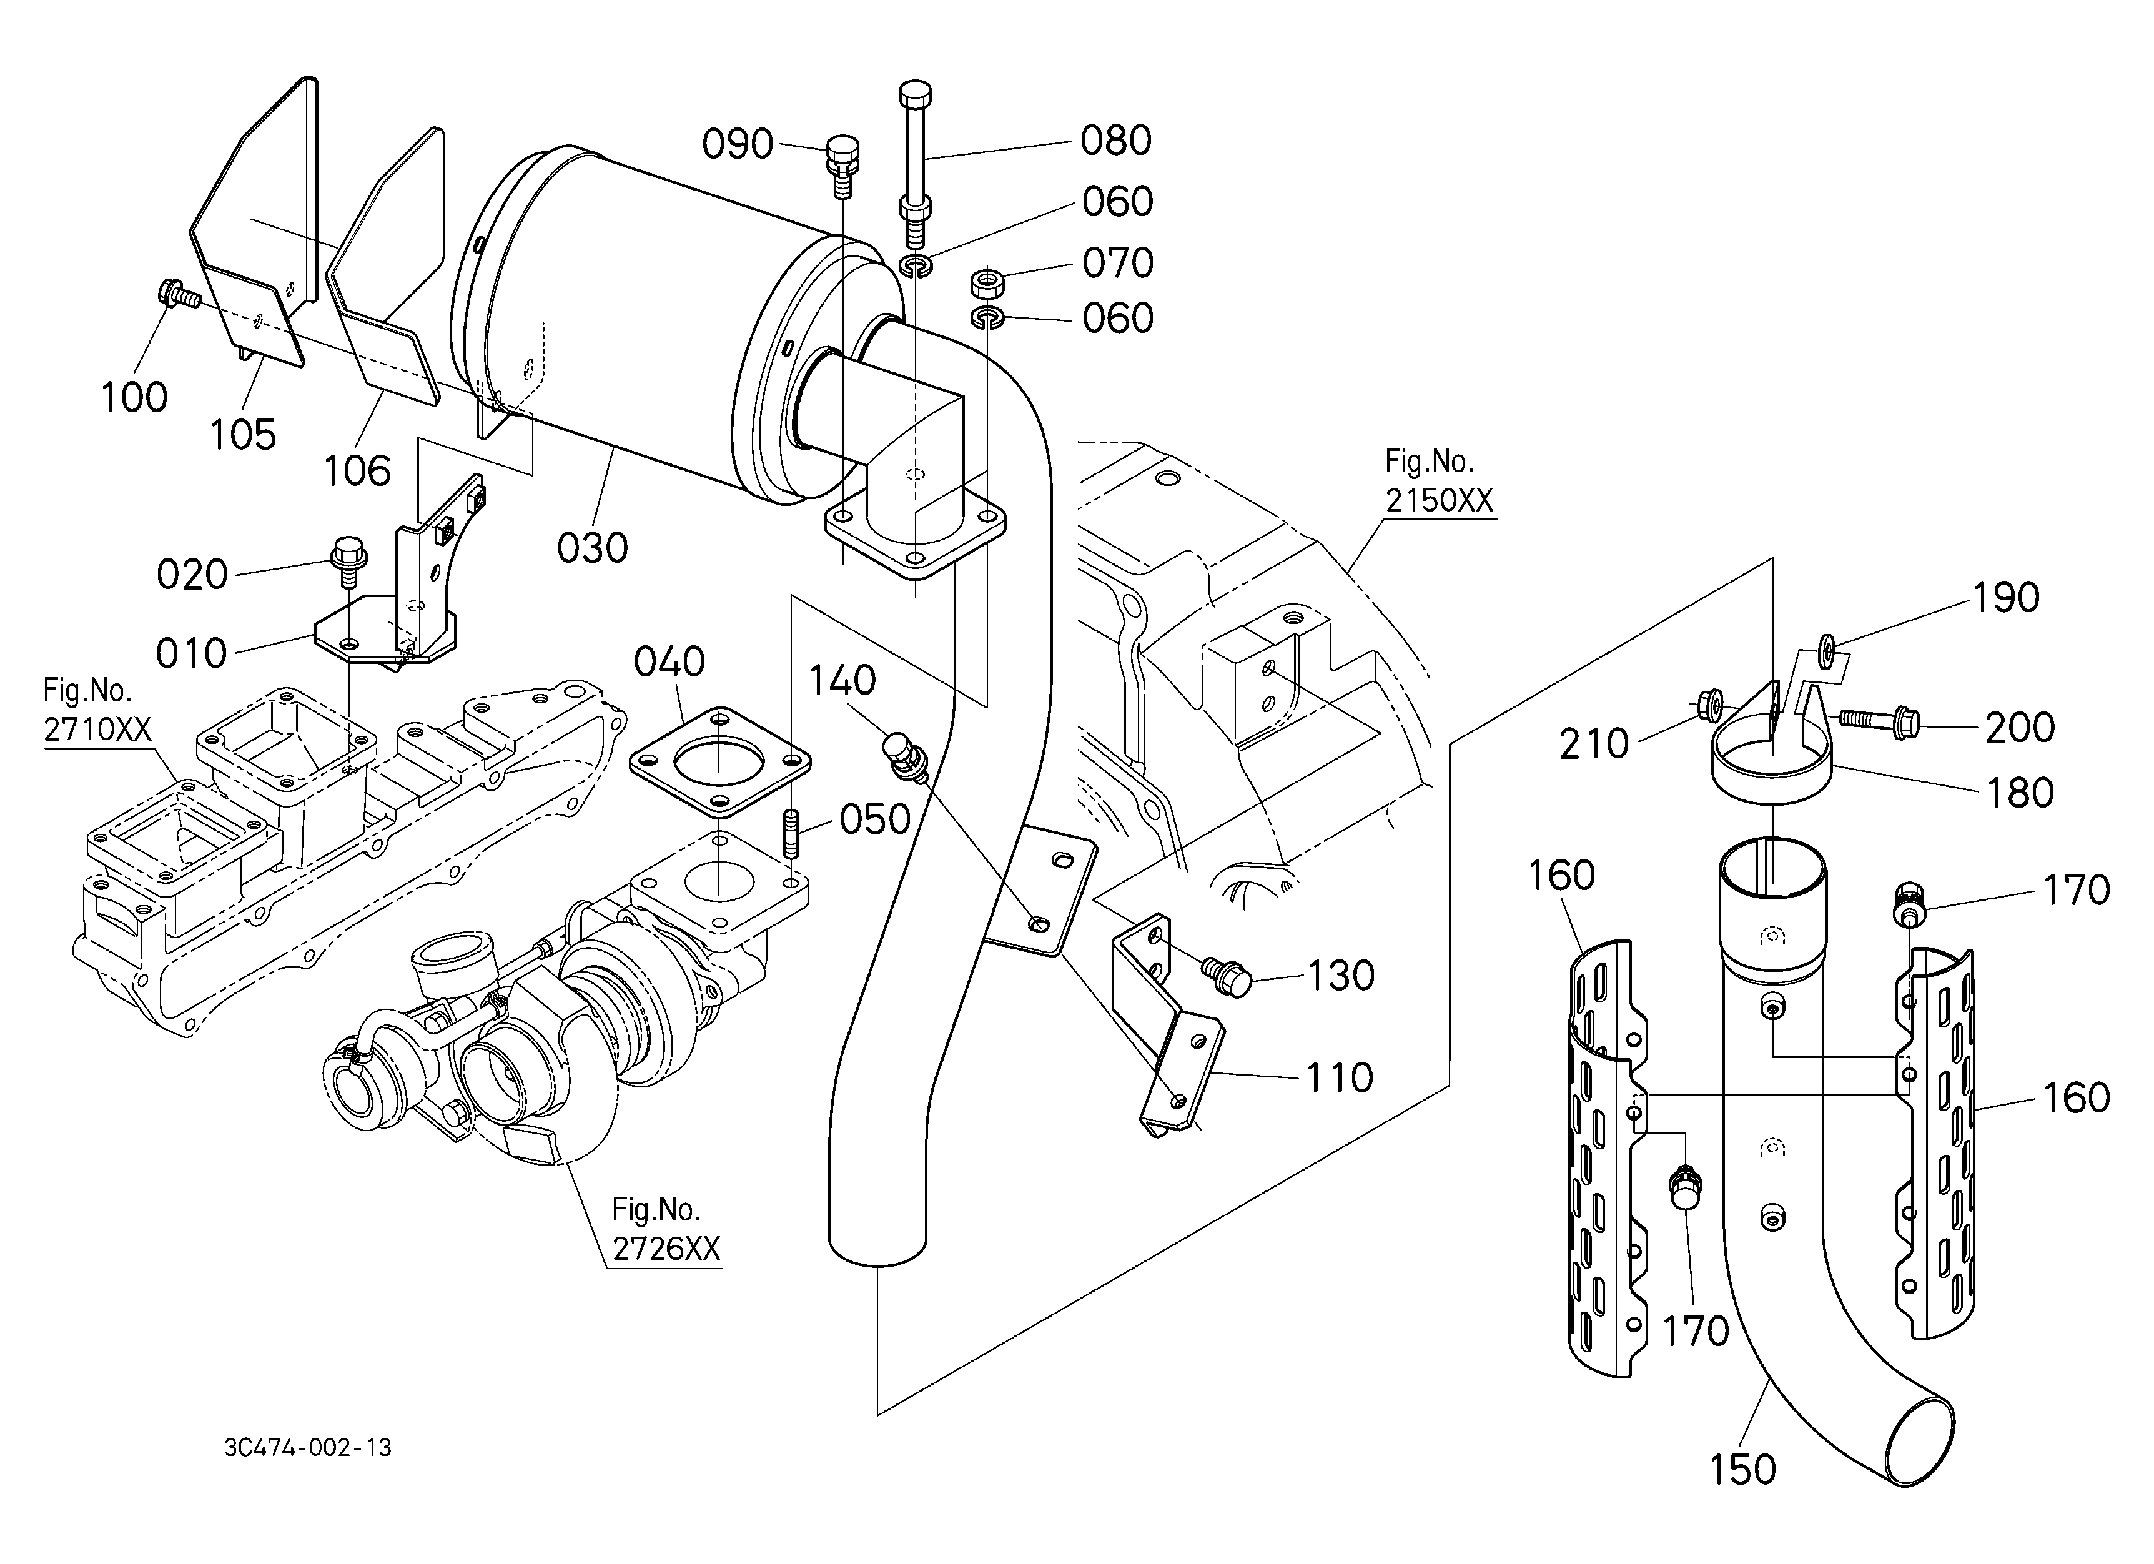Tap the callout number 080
pos(1116,141)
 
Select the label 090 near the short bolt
pos(738,144)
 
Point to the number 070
pos(1118,263)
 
